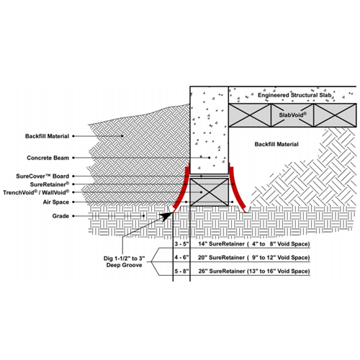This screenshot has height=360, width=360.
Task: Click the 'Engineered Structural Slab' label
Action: [294, 95]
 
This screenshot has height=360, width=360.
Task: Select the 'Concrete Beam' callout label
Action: [48, 158]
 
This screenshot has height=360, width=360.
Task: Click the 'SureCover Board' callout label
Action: [42, 176]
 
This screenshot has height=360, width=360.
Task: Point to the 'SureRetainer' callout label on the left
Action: [50, 184]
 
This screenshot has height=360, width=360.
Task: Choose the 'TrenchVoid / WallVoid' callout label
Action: [36, 192]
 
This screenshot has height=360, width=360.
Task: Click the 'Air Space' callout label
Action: [55, 202]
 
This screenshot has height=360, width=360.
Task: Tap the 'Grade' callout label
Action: [60, 216]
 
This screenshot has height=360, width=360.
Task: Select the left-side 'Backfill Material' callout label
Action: [47, 136]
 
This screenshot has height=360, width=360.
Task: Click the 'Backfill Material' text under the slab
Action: [276, 144]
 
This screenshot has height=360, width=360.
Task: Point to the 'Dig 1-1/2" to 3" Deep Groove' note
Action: [125, 261]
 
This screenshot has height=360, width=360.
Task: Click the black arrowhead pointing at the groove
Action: [166, 216]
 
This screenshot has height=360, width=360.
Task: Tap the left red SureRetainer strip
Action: [181, 188]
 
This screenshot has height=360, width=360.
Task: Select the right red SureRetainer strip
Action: [238, 188]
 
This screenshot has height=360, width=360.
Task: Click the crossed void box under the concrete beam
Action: [210, 192]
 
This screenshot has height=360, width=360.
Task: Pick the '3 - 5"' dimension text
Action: [181, 244]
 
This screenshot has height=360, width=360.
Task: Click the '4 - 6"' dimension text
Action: [181, 258]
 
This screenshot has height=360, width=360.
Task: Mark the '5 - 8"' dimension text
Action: [181, 271]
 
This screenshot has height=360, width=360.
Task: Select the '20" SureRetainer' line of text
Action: [254, 258]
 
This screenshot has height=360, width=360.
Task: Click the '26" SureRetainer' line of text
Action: [254, 271]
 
